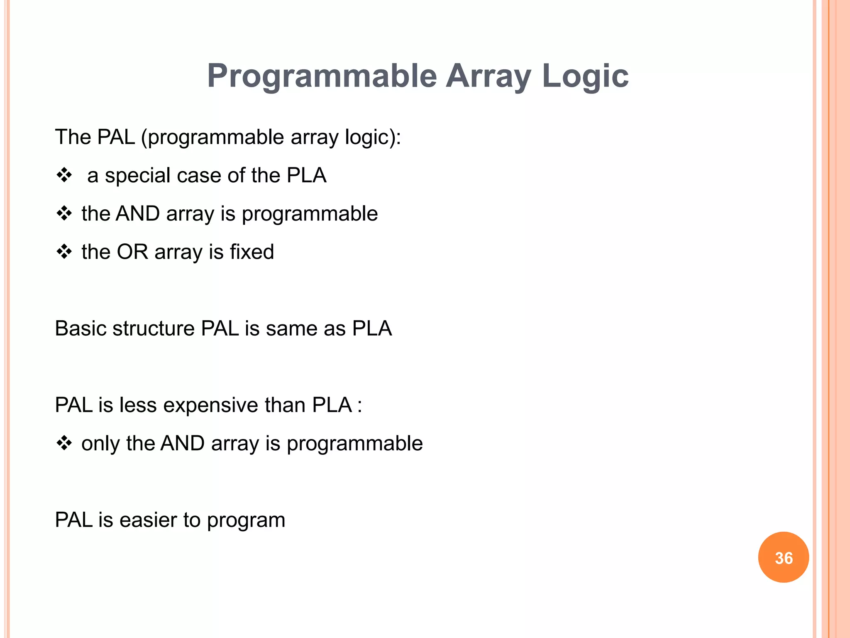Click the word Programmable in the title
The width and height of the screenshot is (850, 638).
click(x=322, y=76)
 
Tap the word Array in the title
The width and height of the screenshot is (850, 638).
click(x=488, y=76)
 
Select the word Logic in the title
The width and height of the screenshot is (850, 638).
click(x=585, y=76)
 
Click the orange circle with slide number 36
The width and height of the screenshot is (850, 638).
click(x=783, y=557)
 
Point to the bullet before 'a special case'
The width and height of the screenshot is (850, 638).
click(x=64, y=175)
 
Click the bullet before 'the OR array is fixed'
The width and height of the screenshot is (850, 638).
click(x=64, y=252)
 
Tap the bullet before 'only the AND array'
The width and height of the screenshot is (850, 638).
click(x=64, y=443)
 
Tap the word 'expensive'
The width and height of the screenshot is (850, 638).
click(x=210, y=405)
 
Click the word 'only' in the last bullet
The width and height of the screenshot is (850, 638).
click(x=100, y=444)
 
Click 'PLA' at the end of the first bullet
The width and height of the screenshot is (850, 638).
click(x=306, y=175)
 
